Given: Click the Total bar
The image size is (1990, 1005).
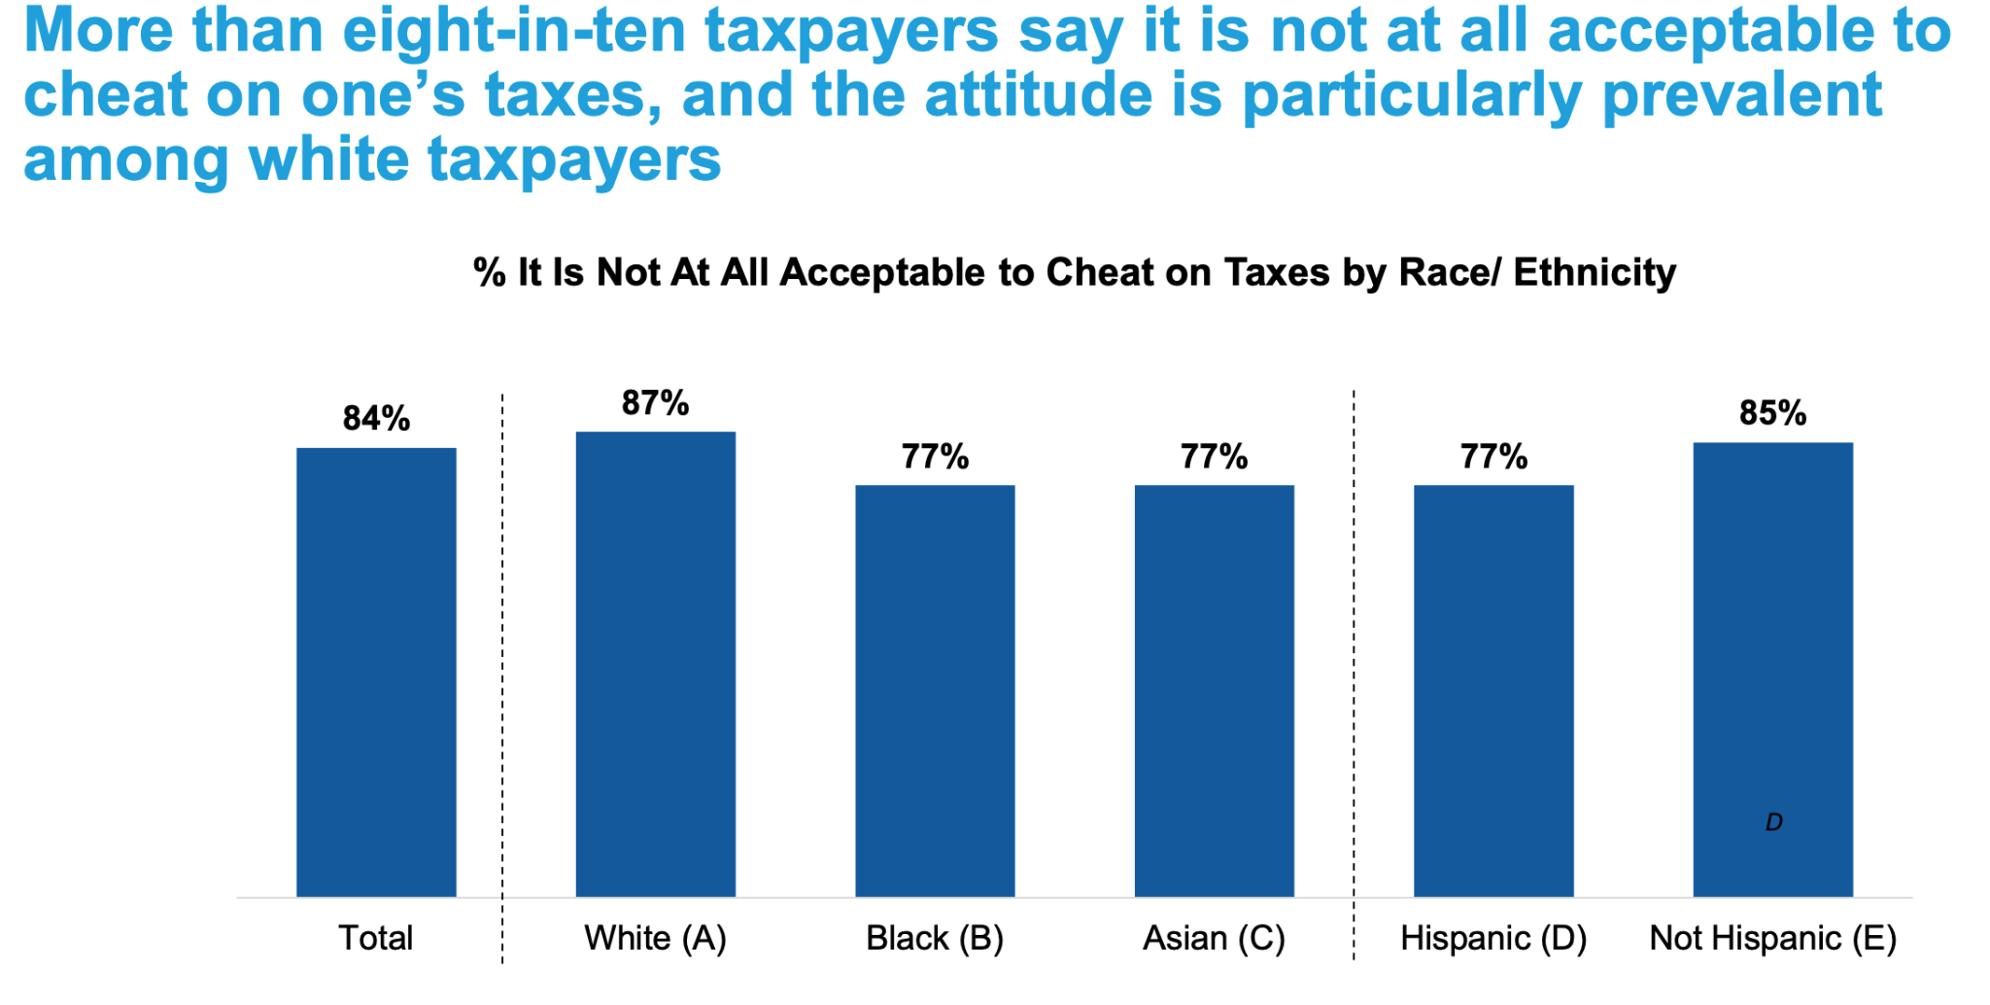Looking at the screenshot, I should tap(376, 671).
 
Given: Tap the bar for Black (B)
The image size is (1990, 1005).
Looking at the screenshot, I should tap(935, 690).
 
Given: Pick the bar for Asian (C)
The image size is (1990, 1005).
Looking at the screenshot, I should tap(1215, 690).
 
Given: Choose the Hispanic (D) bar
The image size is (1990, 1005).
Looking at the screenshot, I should tap(1493, 690).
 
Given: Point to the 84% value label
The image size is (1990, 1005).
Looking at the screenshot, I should tap(376, 419).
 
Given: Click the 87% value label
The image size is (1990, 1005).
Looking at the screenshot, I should tap(656, 403).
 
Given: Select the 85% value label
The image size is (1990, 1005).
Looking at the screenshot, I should tap(1773, 414).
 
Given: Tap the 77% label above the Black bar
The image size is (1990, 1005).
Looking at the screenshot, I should tap(935, 457).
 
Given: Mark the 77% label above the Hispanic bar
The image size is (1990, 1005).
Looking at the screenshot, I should tap(1493, 457).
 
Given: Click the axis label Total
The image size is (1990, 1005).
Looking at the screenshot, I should tap(376, 939).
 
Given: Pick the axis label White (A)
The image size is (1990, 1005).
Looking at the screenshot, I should tap(656, 939).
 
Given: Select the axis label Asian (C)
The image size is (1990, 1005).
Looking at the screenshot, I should tap(1215, 939).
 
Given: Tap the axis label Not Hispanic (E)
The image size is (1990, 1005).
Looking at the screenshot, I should tap(1773, 939).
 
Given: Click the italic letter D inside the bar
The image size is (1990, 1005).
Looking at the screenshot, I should tap(1774, 823).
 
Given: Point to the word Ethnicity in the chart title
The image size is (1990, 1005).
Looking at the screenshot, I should tap(1595, 273).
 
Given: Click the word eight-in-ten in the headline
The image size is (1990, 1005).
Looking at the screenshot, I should tap(515, 31).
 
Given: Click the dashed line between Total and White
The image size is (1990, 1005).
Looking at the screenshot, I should tap(502, 680).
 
